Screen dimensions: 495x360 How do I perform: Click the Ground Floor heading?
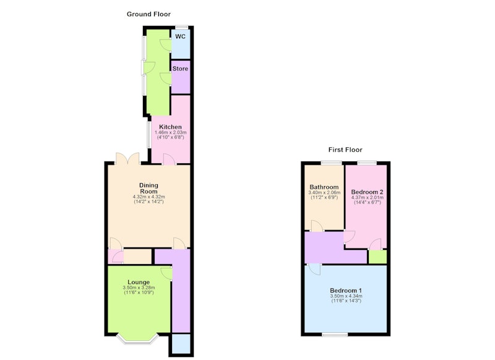point(148,14)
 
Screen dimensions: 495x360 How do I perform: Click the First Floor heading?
point(345,150)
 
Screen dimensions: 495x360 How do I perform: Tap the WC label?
point(180,36)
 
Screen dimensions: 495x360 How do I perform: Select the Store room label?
point(180,69)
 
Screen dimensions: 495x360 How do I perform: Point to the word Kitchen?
point(170,127)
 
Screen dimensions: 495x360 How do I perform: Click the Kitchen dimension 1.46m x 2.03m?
point(171,132)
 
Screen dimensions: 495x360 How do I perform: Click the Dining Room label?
point(148,188)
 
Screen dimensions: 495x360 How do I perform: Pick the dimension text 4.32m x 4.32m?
point(148,197)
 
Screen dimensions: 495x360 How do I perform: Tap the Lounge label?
point(139,282)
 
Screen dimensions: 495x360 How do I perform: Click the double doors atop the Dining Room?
point(127,158)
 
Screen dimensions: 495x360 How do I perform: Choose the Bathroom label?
point(324,187)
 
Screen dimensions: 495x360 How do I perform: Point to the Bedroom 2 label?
point(367,192)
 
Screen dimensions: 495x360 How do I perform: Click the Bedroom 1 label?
point(346,290)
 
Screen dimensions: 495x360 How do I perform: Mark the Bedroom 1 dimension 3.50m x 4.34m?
point(346,296)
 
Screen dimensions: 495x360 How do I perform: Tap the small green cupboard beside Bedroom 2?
point(377,257)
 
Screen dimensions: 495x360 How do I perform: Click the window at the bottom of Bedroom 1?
point(335,335)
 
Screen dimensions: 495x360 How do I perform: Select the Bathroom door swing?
point(317,226)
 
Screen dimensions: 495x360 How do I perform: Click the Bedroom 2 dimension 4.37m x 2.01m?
point(368,197)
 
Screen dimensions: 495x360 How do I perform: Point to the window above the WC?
point(182,27)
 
